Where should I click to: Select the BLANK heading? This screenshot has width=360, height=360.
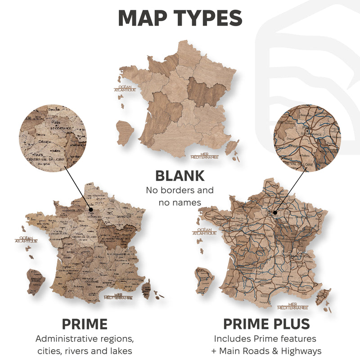pyautogui.click(x=180, y=175)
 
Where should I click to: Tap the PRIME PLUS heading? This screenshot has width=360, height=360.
pyautogui.click(x=266, y=324)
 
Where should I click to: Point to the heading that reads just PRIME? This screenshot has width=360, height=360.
pyautogui.click(x=85, y=324)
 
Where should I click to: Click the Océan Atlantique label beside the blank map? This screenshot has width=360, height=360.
pyautogui.click(x=125, y=89)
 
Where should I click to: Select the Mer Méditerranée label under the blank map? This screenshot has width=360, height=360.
pyautogui.click(x=204, y=157)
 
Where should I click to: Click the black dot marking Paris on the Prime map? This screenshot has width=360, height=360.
pyautogui.click(x=91, y=209)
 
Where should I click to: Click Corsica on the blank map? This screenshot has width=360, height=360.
pyautogui.click(x=232, y=146)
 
